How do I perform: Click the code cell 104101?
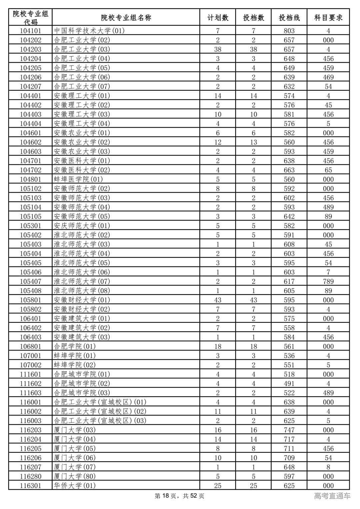tap(30, 31)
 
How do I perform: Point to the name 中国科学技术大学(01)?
tap(89, 31)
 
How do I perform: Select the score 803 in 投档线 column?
tap(289, 31)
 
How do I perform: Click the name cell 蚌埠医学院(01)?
tap(78, 180)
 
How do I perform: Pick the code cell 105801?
tap(30, 300)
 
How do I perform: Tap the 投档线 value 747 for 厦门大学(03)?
tap(289, 430)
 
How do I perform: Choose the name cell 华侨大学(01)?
tap(75, 486)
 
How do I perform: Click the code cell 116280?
tap(30, 476)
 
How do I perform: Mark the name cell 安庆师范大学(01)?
tap(82, 226)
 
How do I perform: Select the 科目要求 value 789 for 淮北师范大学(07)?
tap(328, 281)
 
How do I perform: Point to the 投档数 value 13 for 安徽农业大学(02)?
tap(253, 142)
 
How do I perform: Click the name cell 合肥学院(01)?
tap(75, 346)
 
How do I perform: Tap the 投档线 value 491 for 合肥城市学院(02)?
tap(289, 384)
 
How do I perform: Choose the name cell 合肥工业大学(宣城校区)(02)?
tap(100, 411)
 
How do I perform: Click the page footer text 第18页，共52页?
tap(180, 496)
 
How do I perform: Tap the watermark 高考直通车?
tap(332, 496)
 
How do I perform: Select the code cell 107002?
tap(30, 365)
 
